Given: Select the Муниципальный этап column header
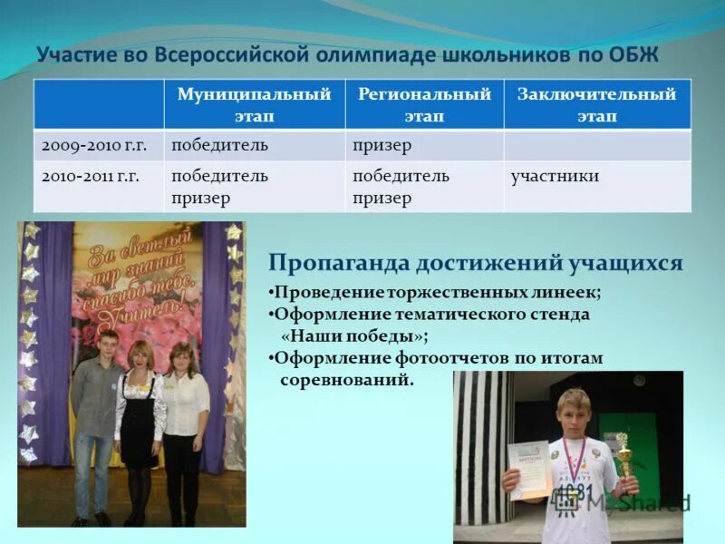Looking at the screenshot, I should tap(253, 105).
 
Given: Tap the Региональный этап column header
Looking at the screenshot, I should tap(424, 105).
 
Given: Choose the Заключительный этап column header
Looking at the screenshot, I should tap(596, 105).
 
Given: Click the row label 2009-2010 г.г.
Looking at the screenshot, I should tap(91, 146).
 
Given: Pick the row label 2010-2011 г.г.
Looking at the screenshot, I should tap(91, 177).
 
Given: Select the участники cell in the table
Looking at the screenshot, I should tap(555, 177).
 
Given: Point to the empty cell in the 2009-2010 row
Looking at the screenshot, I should tap(596, 146).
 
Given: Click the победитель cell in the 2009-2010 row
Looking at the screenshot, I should tap(220, 146).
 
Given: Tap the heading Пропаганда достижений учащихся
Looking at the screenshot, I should tap(475, 263).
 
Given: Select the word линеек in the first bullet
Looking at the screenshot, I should tap(564, 293).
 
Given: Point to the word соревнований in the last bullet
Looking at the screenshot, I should tap(347, 380).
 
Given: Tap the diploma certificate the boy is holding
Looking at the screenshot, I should tap(530, 469).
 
